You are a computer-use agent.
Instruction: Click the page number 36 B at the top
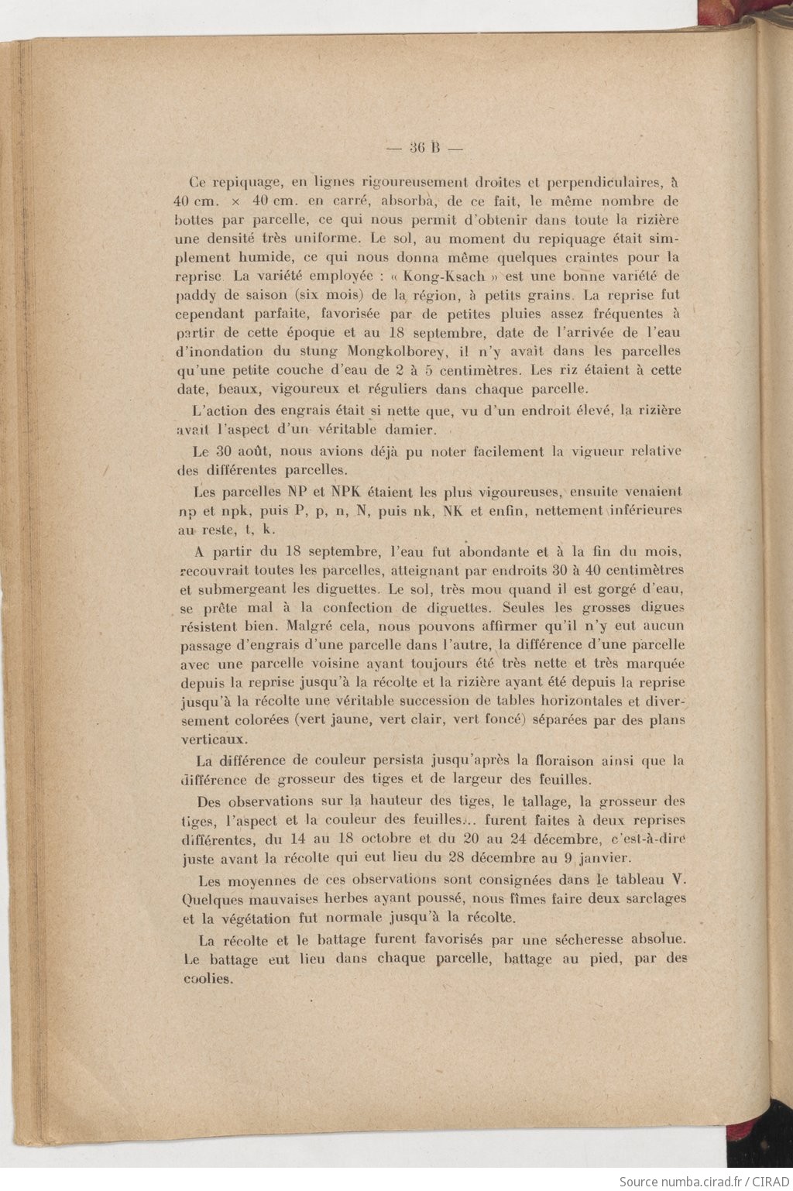pos(424,147)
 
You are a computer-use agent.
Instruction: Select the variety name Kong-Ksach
pos(455,276)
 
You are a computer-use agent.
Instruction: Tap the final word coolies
pos(208,979)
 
